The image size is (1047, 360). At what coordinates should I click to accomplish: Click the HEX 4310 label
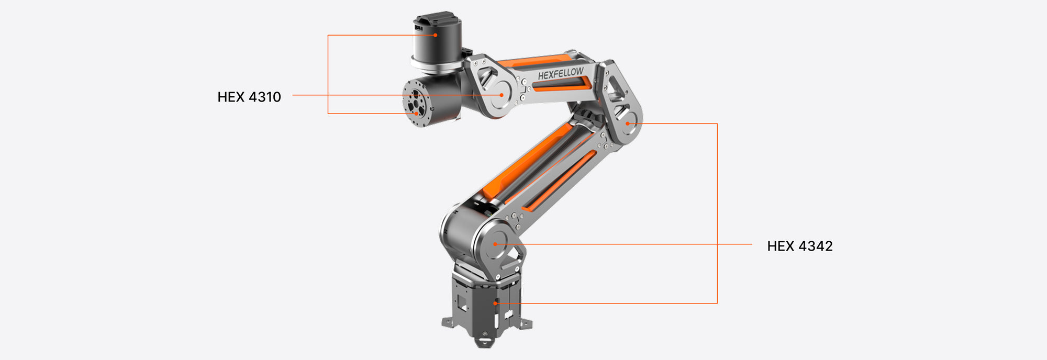249,97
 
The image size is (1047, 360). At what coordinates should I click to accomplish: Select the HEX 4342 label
799,246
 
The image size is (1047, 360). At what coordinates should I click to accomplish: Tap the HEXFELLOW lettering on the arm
561,74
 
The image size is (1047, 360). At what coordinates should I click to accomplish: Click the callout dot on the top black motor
435,35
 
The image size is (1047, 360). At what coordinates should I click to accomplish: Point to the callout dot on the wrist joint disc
502,95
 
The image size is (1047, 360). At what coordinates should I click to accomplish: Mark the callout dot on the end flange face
416,113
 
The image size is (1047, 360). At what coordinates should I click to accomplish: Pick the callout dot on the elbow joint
627,123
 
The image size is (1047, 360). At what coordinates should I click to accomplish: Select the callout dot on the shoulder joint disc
495,244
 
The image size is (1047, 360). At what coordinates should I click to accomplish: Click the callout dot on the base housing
495,303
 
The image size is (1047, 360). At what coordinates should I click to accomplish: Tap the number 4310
264,97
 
